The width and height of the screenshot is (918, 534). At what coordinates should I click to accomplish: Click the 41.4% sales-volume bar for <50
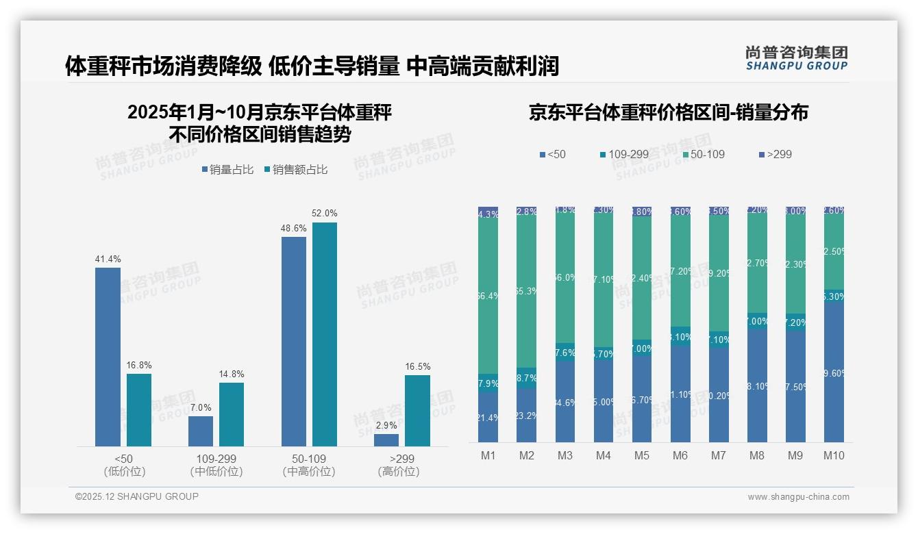[x=108, y=356]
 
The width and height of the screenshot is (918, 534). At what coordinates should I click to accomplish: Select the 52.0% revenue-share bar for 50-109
[x=325, y=334]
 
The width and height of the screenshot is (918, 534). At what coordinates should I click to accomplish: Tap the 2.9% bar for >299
[x=386, y=440]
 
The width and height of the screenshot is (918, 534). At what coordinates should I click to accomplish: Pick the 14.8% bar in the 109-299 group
[x=232, y=414]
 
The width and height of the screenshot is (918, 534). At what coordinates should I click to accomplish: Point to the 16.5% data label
[x=417, y=367]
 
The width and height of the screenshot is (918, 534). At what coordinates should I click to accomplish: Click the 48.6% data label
[x=294, y=229]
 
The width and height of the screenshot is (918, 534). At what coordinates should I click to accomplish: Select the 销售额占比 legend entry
[x=295, y=170]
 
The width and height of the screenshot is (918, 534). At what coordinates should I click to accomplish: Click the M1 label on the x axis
[x=488, y=455]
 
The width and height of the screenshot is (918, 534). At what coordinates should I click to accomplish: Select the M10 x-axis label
[x=833, y=455]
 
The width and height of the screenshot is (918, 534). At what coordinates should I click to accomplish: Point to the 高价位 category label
[x=398, y=472]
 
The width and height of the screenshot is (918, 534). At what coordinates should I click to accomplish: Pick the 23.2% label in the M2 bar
[x=526, y=416]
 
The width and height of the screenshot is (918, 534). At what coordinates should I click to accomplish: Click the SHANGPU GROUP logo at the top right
[x=796, y=58]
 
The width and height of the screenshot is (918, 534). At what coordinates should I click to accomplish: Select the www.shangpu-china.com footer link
[x=798, y=497]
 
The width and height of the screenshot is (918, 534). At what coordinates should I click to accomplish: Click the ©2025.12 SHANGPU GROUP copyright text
[x=137, y=496]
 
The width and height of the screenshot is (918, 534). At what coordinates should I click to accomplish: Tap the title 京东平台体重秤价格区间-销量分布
[x=668, y=113]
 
